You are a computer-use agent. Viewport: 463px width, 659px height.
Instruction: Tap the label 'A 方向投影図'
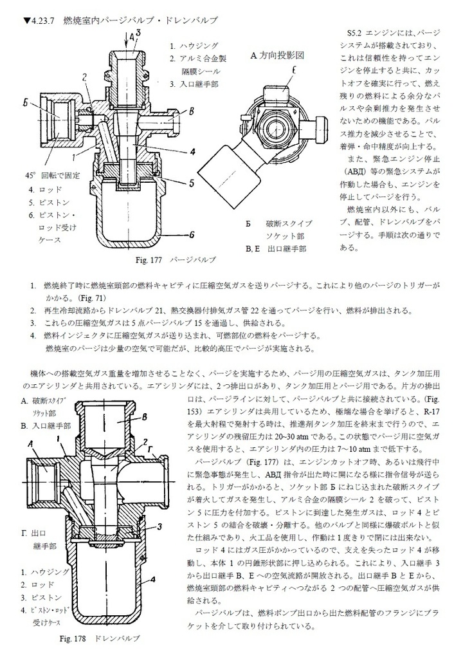point(277,56)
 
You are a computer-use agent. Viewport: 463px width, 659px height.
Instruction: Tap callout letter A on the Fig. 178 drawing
point(30,443)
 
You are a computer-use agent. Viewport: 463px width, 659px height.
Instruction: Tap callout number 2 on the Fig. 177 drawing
point(84,77)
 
